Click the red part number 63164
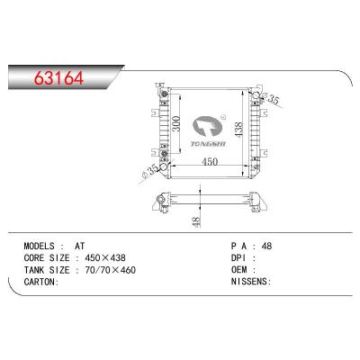point(58,78)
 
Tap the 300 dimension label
point(177,123)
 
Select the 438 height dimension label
point(238,130)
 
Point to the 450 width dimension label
point(210,162)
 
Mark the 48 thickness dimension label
point(196,221)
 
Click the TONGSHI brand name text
point(208,144)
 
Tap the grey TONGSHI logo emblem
point(206,128)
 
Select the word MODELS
point(39,247)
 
